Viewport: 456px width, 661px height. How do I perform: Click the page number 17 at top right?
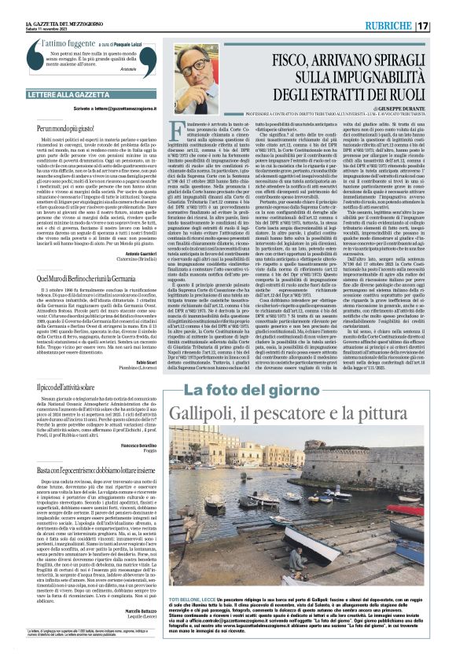pyautogui.click(x=444, y=25)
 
